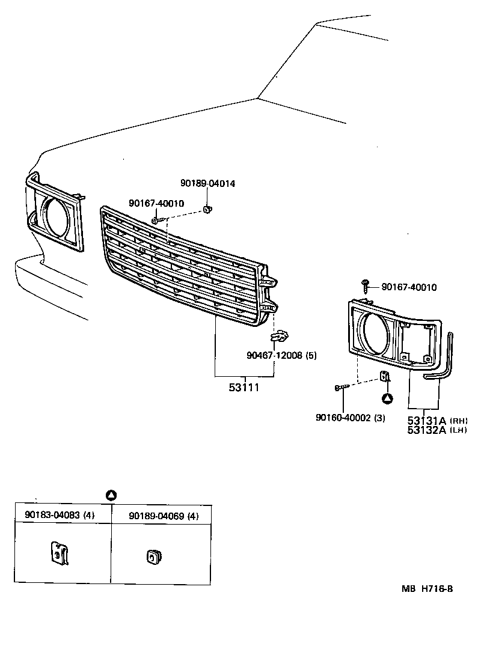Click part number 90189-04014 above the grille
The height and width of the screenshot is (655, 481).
[208, 183]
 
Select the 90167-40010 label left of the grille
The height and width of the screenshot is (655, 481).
[156, 204]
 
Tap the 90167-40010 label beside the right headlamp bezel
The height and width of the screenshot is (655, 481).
[409, 287]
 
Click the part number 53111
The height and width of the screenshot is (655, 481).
[244, 388]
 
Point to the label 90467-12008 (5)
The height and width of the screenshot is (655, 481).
[281, 355]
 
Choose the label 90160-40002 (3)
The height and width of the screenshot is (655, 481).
[351, 417]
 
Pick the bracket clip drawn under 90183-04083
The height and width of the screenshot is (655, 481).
[60, 553]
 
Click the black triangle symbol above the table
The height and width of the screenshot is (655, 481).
[111, 495]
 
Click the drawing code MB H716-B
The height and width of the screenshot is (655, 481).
[427, 589]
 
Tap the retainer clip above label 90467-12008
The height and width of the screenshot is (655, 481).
[278, 337]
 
